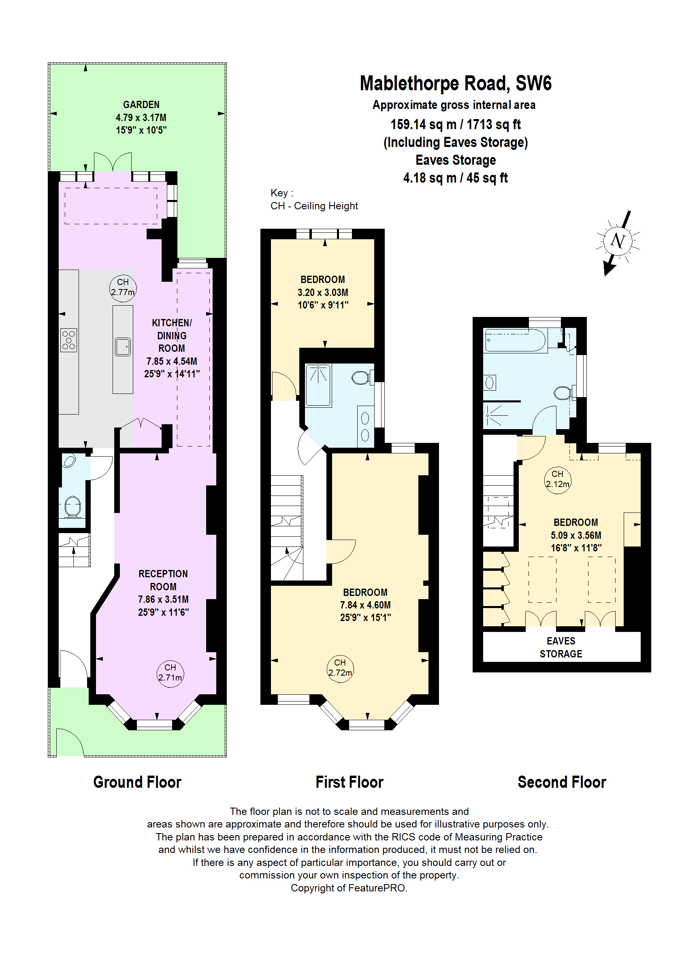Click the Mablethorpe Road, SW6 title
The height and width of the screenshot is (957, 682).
(x=455, y=83)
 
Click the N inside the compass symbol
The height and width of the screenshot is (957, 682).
(x=617, y=241)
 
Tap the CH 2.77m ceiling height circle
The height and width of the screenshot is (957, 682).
(x=123, y=287)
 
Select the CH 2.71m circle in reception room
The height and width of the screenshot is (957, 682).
(x=170, y=673)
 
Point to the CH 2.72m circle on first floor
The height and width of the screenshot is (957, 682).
(x=340, y=668)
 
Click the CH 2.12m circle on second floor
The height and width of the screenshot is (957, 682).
(x=557, y=479)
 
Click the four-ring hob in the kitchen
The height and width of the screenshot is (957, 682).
(x=69, y=340)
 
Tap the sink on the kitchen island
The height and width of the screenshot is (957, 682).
(x=123, y=347)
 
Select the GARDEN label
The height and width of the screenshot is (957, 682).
(x=141, y=104)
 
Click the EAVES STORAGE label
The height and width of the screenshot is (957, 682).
(x=561, y=647)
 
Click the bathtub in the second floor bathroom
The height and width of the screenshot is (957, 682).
(x=515, y=340)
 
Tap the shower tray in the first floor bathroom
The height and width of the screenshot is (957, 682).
(x=318, y=385)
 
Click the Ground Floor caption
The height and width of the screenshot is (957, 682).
(x=137, y=783)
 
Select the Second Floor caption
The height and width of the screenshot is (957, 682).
(x=561, y=783)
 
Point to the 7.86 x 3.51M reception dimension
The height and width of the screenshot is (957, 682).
(x=163, y=600)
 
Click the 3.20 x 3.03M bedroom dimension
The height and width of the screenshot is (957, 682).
(x=322, y=293)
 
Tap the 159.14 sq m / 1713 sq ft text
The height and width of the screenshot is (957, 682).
(x=455, y=125)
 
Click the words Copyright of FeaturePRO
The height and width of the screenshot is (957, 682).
(x=349, y=888)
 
